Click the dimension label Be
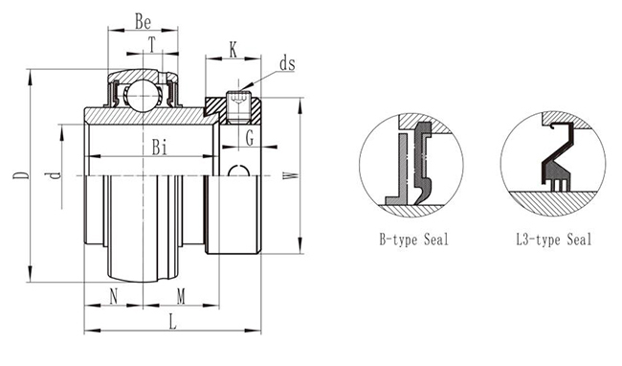click(x=143, y=21)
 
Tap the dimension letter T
click(x=152, y=44)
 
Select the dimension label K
click(x=233, y=50)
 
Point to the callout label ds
click(x=287, y=63)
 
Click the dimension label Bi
click(x=160, y=148)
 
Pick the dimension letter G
click(x=250, y=139)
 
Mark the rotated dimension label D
click(x=21, y=175)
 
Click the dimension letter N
click(x=114, y=296)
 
